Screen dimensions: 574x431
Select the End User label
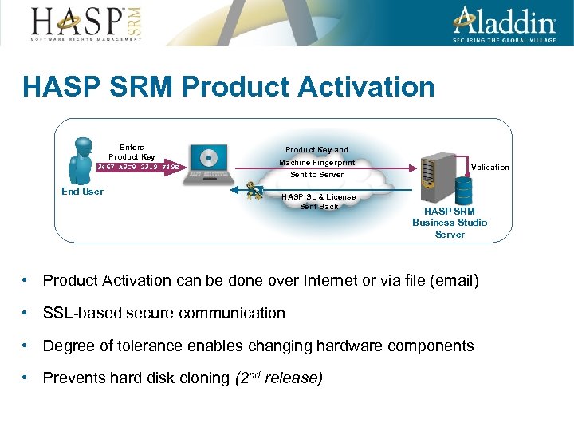click(x=82, y=192)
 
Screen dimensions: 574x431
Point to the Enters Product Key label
click(x=132, y=152)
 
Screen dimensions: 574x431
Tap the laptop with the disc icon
click(x=208, y=164)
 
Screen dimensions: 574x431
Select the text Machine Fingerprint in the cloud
click(x=316, y=163)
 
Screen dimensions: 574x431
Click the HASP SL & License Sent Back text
click(x=318, y=201)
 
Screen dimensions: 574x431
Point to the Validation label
click(x=489, y=167)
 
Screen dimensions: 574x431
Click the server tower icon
click(x=438, y=172)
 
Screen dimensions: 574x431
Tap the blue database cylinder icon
click(x=463, y=189)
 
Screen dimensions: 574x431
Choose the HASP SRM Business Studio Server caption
click(x=450, y=223)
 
